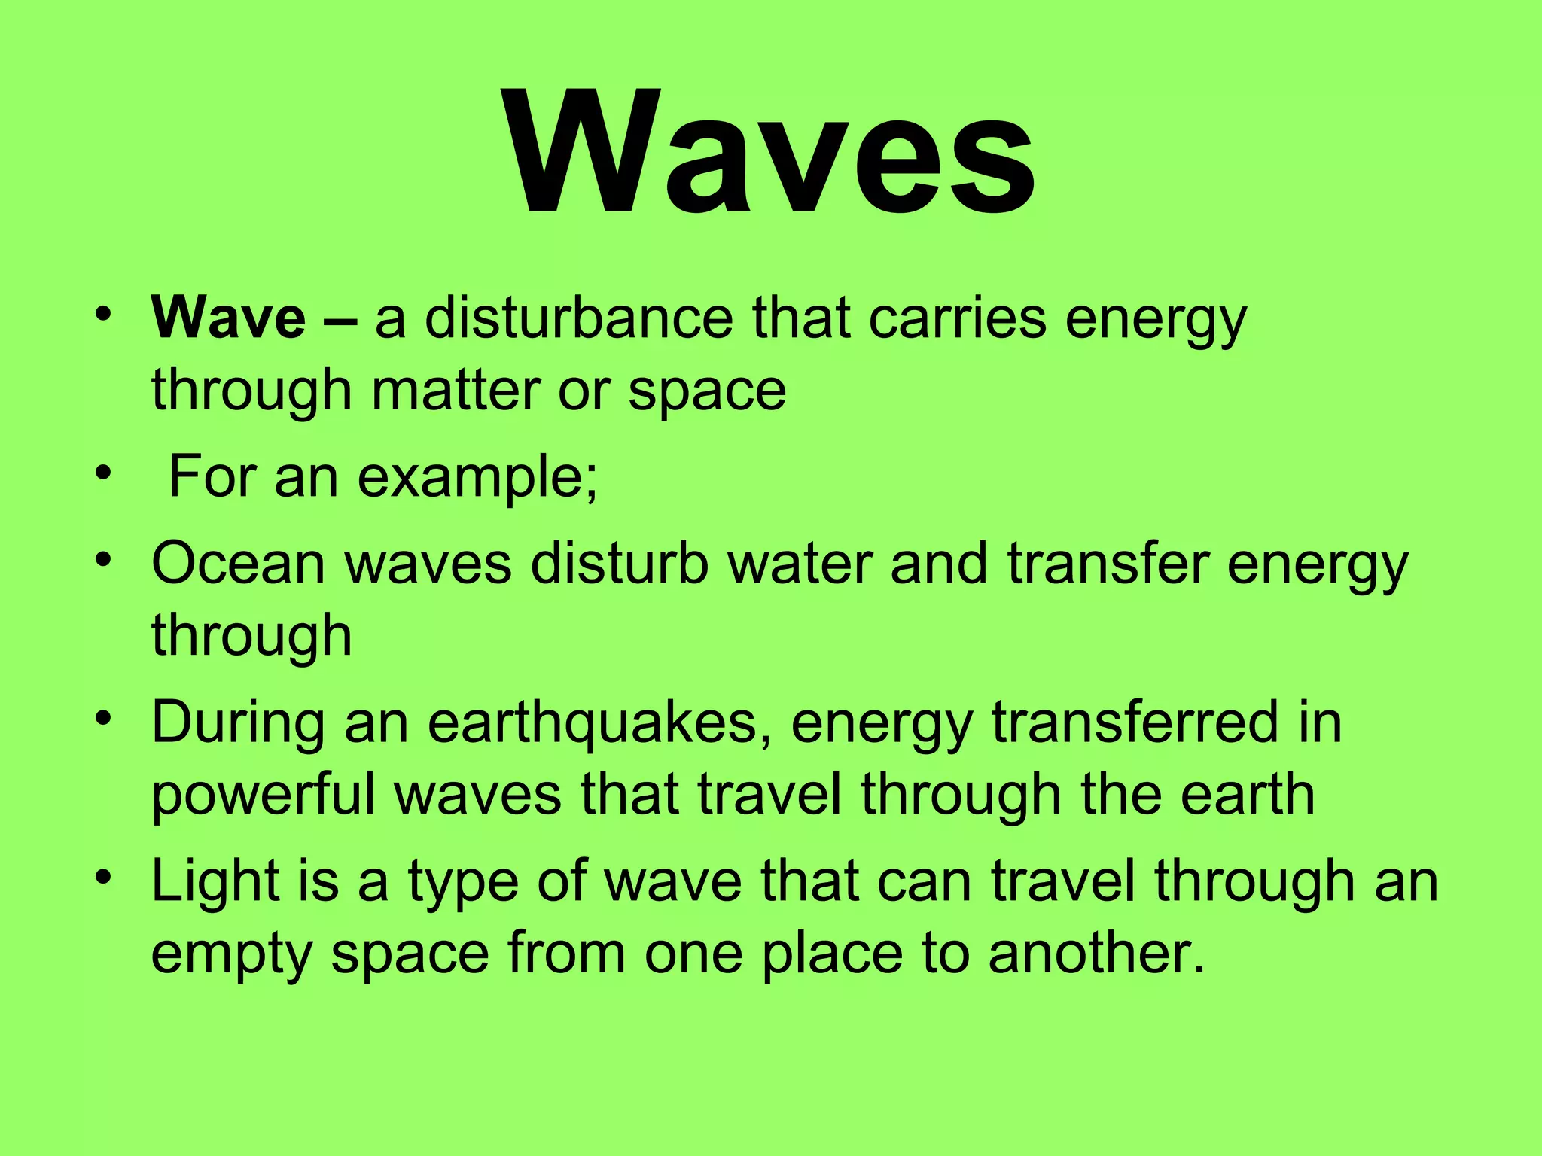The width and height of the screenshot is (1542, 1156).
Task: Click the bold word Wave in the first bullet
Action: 228,319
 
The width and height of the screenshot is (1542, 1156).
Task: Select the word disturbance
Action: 578,319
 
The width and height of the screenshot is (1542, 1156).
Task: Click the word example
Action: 477,478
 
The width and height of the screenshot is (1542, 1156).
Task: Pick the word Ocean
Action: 238,564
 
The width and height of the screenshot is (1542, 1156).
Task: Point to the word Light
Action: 215,881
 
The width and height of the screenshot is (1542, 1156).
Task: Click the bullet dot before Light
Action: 105,878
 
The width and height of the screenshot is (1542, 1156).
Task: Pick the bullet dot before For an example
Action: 105,474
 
